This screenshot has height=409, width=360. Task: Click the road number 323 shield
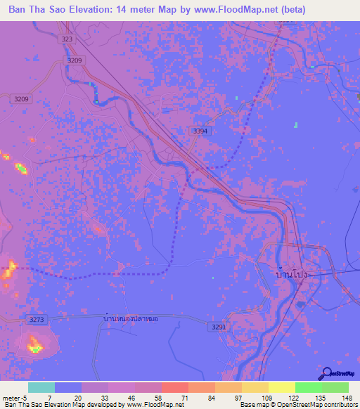point(67,39)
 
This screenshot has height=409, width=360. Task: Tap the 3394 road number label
point(200,131)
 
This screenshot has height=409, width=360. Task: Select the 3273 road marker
point(37,320)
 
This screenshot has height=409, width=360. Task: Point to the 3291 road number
point(219,326)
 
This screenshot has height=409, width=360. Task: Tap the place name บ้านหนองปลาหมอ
point(130,318)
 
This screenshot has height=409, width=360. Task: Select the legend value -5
point(25,398)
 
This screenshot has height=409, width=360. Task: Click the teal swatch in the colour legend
point(41,387)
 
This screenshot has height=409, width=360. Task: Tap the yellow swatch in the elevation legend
point(281,387)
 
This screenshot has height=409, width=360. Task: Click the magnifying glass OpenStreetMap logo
point(328,374)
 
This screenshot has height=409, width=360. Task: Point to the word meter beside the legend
point(10,398)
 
